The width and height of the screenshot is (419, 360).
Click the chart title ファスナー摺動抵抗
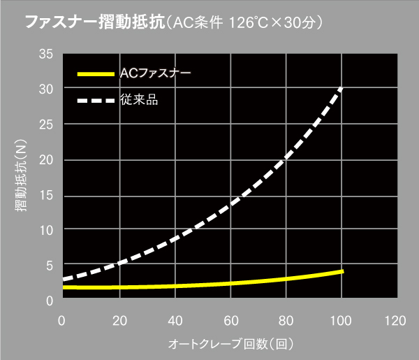pyautogui.click(x=93, y=22)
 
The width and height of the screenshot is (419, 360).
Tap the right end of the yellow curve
pyautogui.click(x=342, y=271)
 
